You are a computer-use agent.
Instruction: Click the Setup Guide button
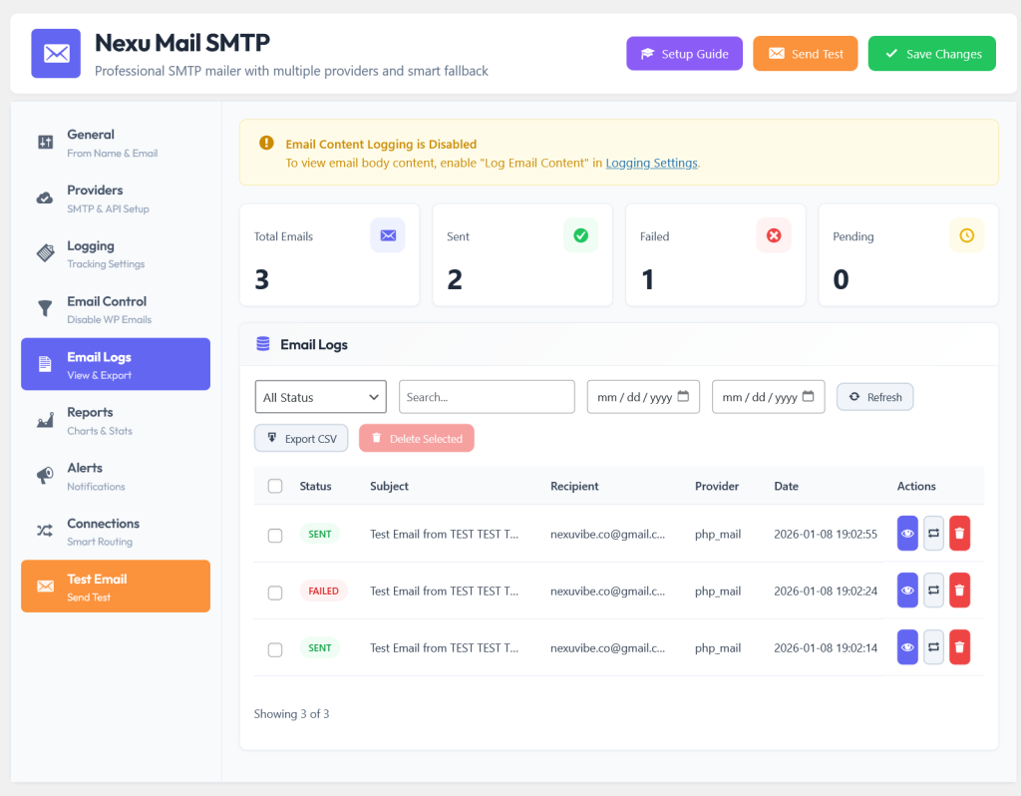684,54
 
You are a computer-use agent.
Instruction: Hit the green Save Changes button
932,54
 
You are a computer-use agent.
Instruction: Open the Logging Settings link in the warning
651,163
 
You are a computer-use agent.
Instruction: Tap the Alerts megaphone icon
45,476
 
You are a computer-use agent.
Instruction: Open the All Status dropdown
320,397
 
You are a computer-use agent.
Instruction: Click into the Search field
487,397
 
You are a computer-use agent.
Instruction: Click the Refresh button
874,397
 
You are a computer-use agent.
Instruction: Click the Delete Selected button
416,438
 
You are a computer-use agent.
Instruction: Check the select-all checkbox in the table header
275,486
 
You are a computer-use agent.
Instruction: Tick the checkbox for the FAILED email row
275,593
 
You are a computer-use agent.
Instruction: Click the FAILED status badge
324,591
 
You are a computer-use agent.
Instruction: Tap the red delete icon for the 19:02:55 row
959,534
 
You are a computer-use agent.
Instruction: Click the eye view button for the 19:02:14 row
907,646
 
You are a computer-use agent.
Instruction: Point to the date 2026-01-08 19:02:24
825,591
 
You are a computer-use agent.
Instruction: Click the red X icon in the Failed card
774,235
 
